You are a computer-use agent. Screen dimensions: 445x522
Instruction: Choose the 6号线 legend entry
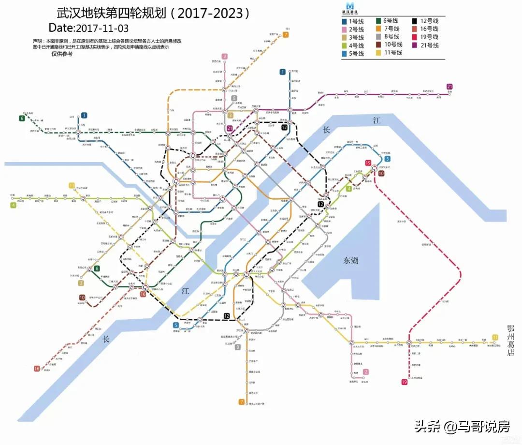(388, 21)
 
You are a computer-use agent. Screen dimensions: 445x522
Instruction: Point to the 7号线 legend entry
(388, 29)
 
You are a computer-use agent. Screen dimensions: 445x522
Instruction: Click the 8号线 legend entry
(388, 36)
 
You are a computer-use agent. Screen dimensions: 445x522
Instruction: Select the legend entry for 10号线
(388, 44)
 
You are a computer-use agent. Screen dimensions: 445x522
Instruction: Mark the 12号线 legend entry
(425, 21)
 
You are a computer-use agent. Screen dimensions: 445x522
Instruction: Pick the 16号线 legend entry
(425, 29)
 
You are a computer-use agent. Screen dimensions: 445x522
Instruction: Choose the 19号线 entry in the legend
(425, 37)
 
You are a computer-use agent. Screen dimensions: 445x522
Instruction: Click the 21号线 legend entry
(425, 45)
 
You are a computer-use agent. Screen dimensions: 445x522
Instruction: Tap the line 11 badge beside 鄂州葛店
(494, 337)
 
